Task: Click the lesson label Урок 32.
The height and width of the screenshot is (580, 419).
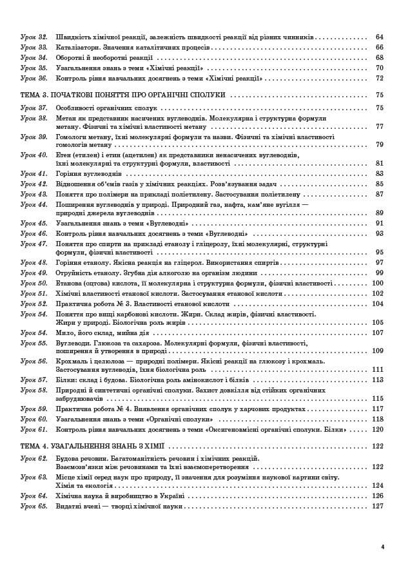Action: click(x=34, y=37)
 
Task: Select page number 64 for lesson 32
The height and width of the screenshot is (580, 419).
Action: click(x=379, y=37)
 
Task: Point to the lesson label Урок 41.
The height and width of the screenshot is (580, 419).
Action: click(x=34, y=174)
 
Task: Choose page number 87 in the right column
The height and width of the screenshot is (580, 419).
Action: click(x=379, y=194)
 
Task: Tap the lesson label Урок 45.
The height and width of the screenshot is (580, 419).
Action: click(x=34, y=223)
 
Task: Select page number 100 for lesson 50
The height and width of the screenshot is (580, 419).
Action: click(x=378, y=284)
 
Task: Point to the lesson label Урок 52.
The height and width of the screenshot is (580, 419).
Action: click(x=34, y=304)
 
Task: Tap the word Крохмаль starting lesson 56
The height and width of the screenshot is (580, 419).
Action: click(x=72, y=362)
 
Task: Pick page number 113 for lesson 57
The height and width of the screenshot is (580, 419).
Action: click(x=378, y=380)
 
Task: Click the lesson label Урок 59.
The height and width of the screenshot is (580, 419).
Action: click(x=34, y=409)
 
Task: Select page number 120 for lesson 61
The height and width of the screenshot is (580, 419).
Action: click(x=378, y=429)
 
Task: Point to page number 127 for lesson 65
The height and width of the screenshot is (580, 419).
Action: click(x=378, y=506)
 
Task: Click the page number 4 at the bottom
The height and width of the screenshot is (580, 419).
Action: click(x=383, y=547)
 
